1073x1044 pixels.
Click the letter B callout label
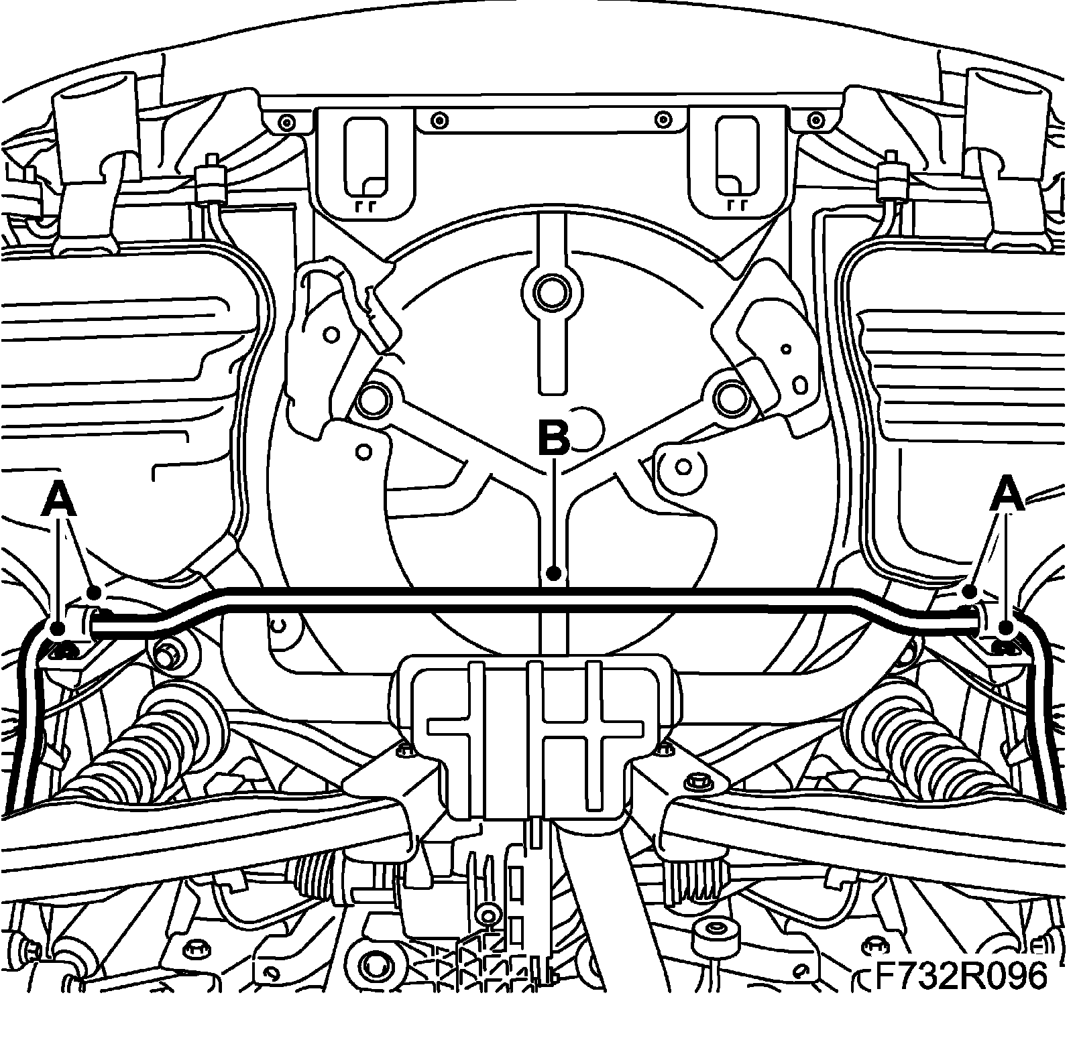(553, 438)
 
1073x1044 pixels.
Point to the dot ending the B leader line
(553, 573)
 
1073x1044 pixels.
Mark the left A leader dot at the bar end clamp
(58, 628)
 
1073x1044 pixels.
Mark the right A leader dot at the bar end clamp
(1005, 628)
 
